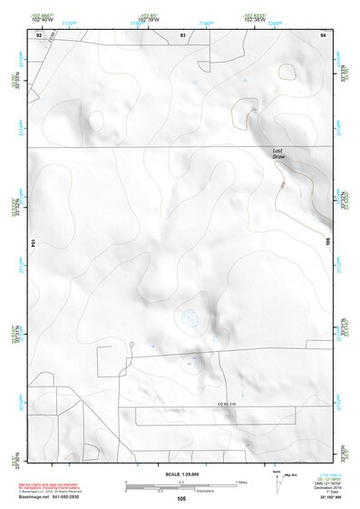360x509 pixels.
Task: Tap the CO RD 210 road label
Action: click(226, 403)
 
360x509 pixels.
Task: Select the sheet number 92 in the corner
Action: click(38, 34)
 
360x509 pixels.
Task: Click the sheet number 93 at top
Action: click(183, 34)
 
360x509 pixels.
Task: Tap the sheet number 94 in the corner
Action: click(323, 34)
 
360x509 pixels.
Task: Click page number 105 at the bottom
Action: click(181, 499)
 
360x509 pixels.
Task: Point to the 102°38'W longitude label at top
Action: click(257, 20)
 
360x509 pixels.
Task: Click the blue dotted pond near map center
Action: click(190, 317)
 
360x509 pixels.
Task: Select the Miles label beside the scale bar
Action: click(240, 481)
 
